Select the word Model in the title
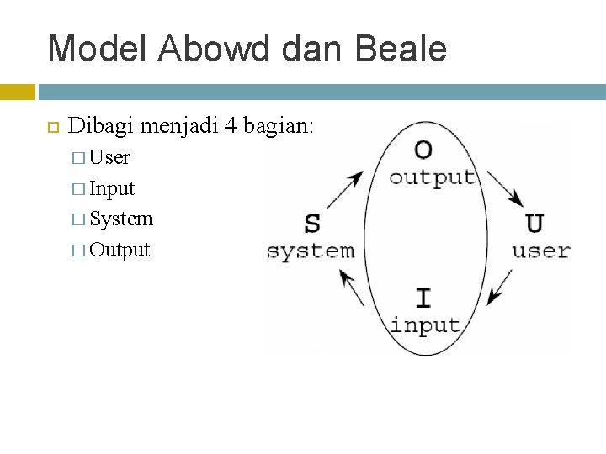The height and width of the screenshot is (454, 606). coord(96,49)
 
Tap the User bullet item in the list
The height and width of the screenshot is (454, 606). coord(109,157)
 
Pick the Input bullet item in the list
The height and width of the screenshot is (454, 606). coord(112,188)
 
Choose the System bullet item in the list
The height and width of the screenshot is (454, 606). coord(121,219)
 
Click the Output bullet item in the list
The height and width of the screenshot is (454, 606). coord(120,250)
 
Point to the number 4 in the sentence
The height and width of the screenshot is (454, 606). coord(230,127)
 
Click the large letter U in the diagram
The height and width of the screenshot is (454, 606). coord(534,224)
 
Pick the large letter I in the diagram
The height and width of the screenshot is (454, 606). coord(424,298)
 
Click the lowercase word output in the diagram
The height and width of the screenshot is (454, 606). coord(433,177)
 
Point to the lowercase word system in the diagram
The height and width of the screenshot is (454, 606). coord(311,251)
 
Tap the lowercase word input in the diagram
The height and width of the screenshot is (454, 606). coord(425,325)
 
